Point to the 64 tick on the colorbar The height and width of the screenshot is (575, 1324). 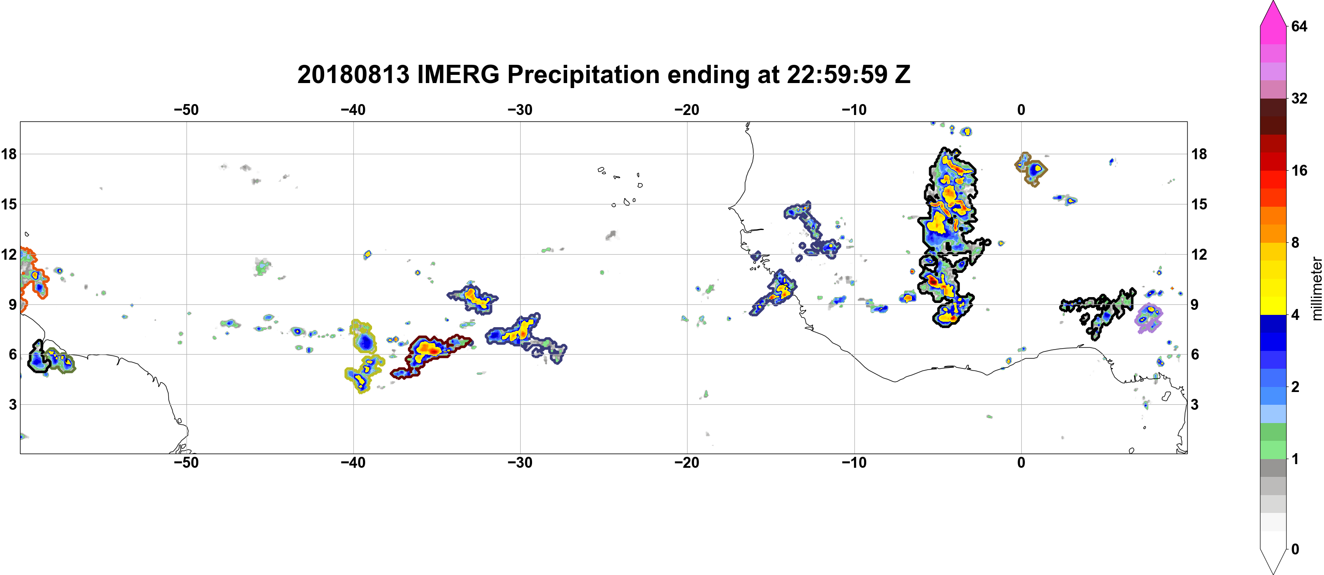click(x=1299, y=26)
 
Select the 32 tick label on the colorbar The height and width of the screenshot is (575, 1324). click(x=1299, y=98)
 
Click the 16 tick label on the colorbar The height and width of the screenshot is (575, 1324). click(x=1299, y=170)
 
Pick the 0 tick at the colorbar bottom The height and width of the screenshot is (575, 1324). click(x=1295, y=549)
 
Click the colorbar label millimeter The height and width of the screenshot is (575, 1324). click(x=1316, y=288)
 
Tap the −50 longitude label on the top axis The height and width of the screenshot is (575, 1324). click(x=186, y=110)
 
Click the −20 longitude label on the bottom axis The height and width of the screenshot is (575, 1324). click(x=687, y=463)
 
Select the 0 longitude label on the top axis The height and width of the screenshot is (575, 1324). click(x=1021, y=110)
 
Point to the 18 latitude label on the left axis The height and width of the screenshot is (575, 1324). click(x=9, y=154)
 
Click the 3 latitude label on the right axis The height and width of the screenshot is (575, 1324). click(x=1195, y=405)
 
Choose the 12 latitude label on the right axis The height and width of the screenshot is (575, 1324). click(x=1199, y=255)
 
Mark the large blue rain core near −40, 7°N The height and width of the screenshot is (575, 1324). click(x=365, y=341)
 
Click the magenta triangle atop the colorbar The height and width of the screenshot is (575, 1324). click(x=1272, y=13)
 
